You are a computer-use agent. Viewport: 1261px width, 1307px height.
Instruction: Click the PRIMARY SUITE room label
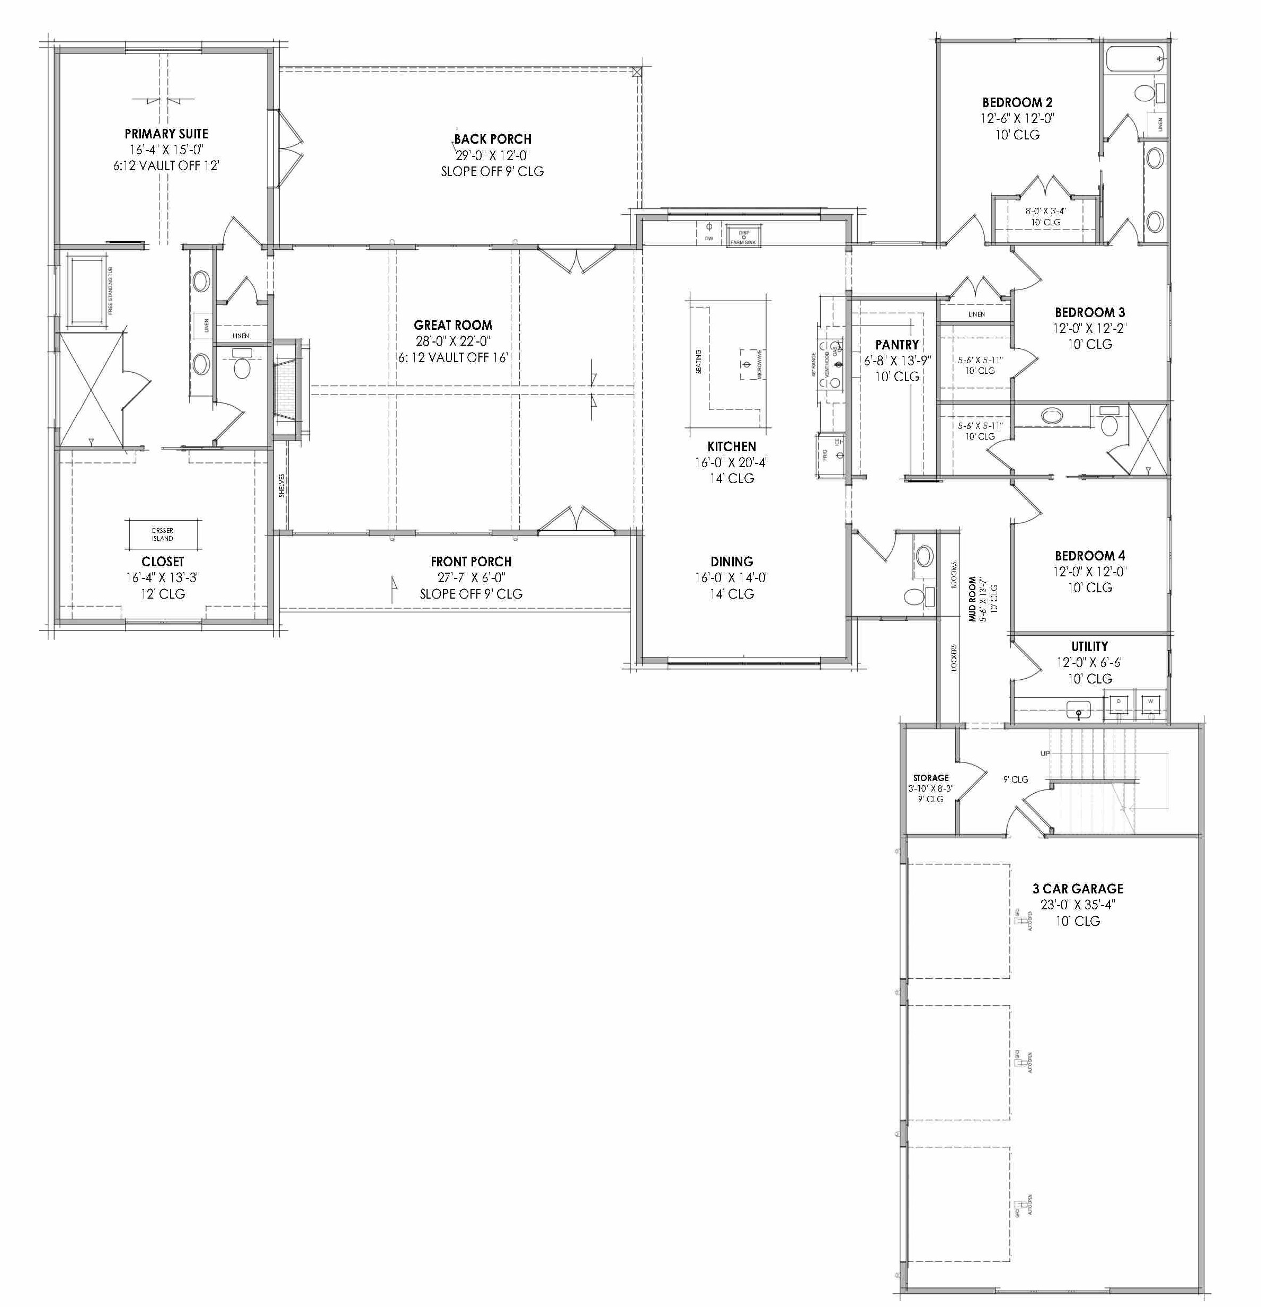[x=166, y=134]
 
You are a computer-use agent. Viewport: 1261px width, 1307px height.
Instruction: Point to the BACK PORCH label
[x=493, y=139]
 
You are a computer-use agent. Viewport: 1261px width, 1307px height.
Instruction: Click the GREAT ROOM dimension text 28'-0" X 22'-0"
[x=453, y=341]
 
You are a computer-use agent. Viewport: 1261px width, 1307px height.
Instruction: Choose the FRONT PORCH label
[x=470, y=562]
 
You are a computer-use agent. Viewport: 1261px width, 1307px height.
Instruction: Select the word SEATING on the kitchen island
[x=698, y=362]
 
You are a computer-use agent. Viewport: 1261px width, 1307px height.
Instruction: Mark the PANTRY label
[x=896, y=345]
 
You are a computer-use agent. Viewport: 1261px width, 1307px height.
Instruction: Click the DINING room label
[x=731, y=562]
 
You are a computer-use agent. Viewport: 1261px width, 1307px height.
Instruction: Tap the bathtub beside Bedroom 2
[x=1134, y=59]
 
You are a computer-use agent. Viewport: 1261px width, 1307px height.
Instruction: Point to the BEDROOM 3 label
[x=1090, y=312]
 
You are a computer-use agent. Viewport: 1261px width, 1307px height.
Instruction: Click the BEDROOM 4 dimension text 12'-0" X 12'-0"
[x=1090, y=572]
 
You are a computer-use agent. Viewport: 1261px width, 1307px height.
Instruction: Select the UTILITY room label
[x=1090, y=646]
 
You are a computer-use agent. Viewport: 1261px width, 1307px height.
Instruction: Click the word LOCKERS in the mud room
[x=954, y=657]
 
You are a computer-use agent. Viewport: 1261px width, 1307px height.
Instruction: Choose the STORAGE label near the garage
[x=930, y=777]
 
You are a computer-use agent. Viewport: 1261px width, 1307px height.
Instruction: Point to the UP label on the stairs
[x=1044, y=753]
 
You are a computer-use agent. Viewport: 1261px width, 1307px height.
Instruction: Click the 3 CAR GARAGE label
[x=1077, y=889]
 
